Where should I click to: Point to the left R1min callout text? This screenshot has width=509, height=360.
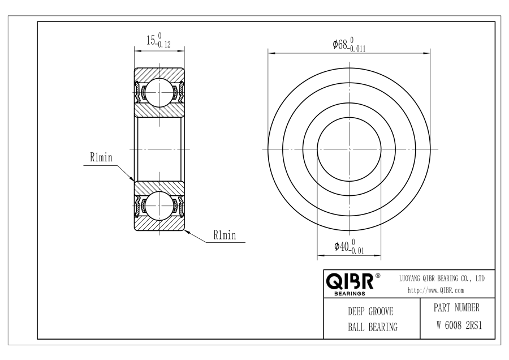pos(101,157)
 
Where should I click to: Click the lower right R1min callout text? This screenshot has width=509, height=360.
pos(225,235)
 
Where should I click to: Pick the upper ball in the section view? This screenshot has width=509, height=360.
pos(159,93)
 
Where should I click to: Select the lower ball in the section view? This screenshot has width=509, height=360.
pos(159,205)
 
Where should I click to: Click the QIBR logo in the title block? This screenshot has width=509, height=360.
pos(350,282)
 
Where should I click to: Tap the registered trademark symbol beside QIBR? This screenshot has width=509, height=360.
pos(378,276)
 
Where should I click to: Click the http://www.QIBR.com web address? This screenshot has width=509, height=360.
pos(435,290)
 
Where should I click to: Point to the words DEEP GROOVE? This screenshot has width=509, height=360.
pos(370,311)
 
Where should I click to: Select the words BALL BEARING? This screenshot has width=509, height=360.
pos(373,327)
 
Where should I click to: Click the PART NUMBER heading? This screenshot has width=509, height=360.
pos(456,308)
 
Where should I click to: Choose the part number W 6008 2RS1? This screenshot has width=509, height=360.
pos(459,325)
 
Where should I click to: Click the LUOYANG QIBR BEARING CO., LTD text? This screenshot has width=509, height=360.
pos(442,278)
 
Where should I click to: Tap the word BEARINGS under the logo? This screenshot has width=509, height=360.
pos(350,294)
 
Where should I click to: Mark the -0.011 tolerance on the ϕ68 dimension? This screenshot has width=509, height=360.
pos(356,49)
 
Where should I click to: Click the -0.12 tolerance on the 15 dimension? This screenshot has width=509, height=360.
pos(163,45)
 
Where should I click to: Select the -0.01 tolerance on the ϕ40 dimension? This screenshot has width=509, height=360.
pos(356,251)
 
